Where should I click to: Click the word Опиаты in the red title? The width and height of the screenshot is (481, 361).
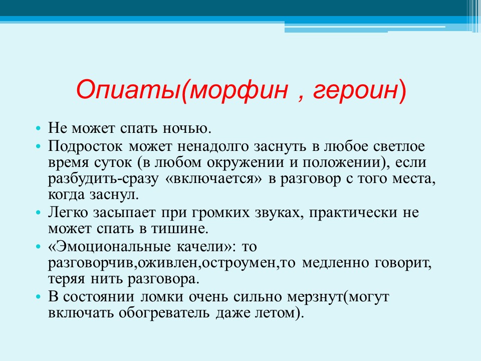point(128,90)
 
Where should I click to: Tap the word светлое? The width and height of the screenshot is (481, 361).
point(399,146)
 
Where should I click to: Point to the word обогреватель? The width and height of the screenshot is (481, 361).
point(164,313)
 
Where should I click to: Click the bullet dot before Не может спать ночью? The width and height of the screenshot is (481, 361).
point(38,128)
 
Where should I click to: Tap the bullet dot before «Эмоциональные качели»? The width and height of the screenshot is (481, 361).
point(38,247)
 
